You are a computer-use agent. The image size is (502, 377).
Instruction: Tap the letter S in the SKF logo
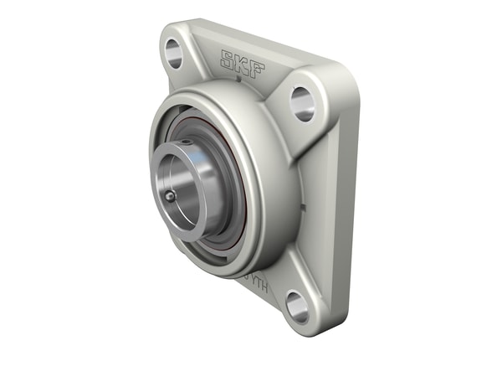pyautogui.click(x=227, y=59)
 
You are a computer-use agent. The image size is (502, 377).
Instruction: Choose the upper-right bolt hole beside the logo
pyautogui.click(x=302, y=103)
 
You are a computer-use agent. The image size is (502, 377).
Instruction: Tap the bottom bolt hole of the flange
pyautogui.click(x=297, y=305)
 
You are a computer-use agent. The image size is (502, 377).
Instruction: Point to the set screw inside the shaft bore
pyautogui.click(x=171, y=196)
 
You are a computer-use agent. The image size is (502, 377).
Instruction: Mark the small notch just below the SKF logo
pyautogui.click(x=238, y=81)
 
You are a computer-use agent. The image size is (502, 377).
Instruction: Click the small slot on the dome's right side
pyautogui.click(x=305, y=204)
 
